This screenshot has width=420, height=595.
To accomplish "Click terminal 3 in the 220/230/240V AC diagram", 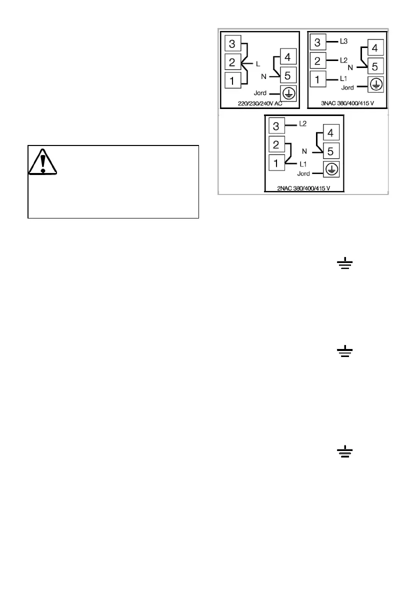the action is coord(232,44).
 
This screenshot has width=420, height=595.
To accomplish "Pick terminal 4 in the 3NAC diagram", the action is coord(375,49).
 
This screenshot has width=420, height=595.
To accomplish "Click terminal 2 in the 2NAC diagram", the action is coord(276,144).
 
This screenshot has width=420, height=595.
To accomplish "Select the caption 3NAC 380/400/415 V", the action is coord(347,104).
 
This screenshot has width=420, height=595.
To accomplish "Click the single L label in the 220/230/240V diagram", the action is coord(257,63).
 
